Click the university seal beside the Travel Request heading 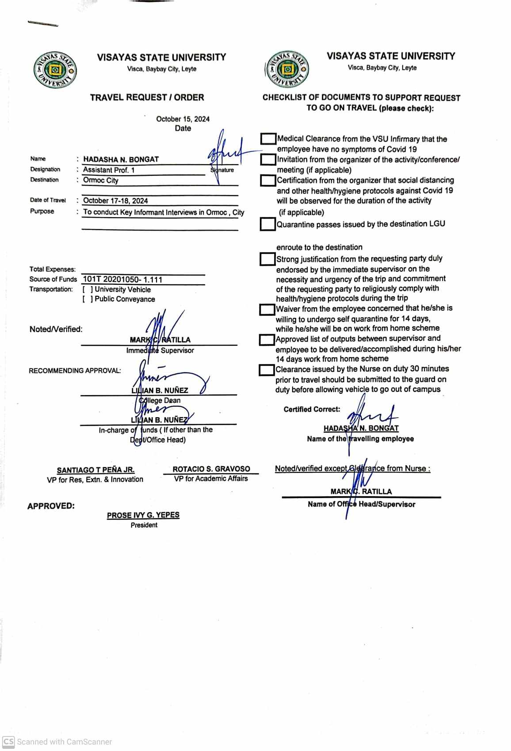tap(55, 70)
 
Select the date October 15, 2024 tap(183, 119)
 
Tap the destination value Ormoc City tap(101, 180)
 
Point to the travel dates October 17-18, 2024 tap(115, 200)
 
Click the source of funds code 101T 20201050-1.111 tap(122, 279)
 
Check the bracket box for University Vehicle tap(88, 290)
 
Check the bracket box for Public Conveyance tap(88, 299)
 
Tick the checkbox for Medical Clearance tap(268, 139)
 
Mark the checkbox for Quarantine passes tap(267, 224)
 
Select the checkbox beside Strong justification tap(267, 259)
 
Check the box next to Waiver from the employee tap(267, 309)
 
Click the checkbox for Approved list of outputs tap(266, 340)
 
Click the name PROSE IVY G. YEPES tap(143, 515)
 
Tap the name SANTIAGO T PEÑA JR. tap(95, 470)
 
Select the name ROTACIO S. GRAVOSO tap(211, 469)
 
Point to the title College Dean tap(160, 400)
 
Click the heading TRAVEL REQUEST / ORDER tap(147, 97)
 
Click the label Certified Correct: tap(312, 409)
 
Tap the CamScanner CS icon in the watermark tap(8, 742)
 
